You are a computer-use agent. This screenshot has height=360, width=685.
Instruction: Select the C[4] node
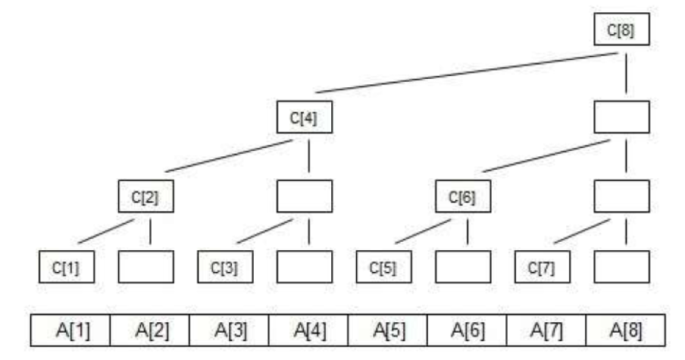[x=304, y=117]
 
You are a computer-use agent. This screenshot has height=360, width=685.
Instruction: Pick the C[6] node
[x=462, y=196]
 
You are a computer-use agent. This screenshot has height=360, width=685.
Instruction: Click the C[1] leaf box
[x=67, y=267]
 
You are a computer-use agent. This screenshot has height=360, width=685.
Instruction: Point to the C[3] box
[x=225, y=267]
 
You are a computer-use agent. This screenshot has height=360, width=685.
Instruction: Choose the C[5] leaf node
[x=383, y=267]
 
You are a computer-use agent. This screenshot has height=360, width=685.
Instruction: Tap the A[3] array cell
[x=229, y=330]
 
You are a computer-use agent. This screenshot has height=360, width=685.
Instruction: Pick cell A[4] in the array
[x=308, y=330]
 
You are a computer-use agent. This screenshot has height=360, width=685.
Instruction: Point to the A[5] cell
[x=387, y=330]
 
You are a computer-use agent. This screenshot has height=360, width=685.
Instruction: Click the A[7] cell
[x=545, y=330]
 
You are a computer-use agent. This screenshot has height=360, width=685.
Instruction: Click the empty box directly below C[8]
[x=621, y=117]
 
